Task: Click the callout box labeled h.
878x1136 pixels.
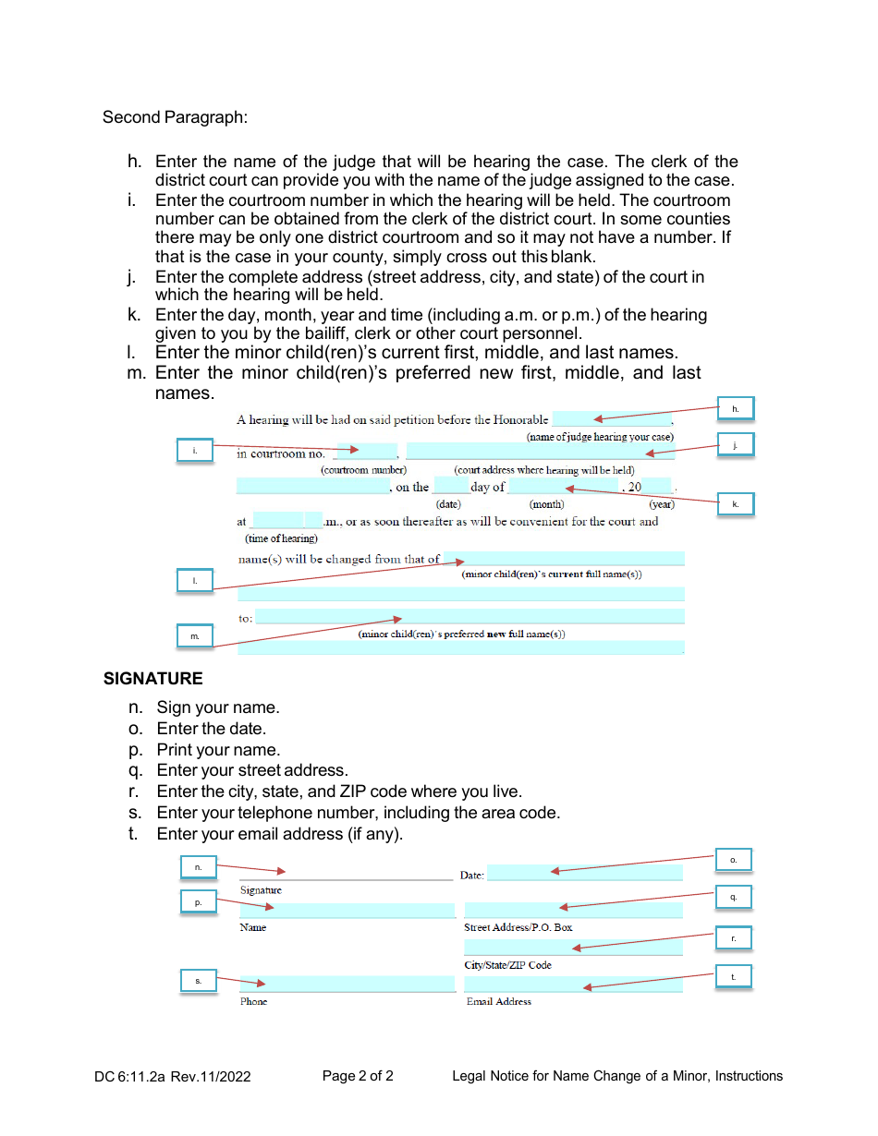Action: coord(736,408)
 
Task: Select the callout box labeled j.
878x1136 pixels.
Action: coord(736,445)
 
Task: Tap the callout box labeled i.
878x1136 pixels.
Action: coord(195,451)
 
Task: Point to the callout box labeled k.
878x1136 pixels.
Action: coord(736,504)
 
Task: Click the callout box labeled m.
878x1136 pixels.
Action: coord(195,637)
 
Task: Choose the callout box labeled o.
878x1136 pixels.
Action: coord(734,860)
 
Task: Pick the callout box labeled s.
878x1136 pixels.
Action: coord(198,981)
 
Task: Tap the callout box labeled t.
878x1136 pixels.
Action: coord(734,976)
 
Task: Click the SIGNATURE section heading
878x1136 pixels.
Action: coord(152,679)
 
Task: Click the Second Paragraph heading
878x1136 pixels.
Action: coord(175,117)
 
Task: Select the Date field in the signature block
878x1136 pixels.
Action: coord(584,874)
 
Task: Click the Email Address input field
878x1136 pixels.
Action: coord(573,985)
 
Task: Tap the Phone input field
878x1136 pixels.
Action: coord(347,985)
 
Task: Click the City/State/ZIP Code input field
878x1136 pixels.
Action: coord(573,948)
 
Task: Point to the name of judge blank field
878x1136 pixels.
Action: coord(611,419)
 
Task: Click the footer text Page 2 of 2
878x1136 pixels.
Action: coord(358,1076)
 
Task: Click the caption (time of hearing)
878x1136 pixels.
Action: coord(281,538)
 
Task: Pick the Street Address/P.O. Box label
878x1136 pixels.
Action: coord(518,927)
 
